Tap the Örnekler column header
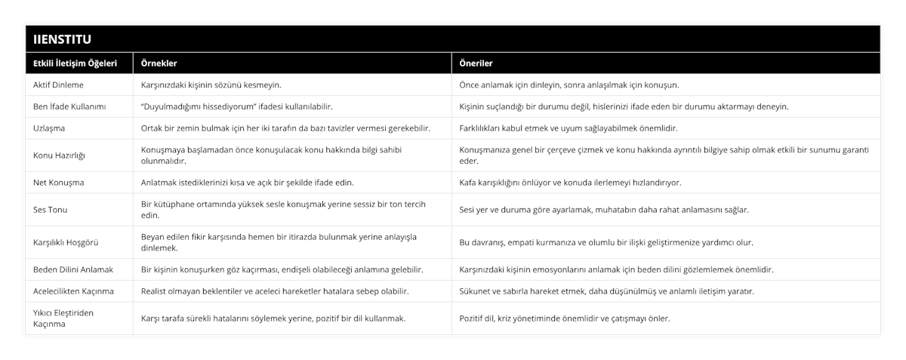pyautogui.click(x=159, y=63)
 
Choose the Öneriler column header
pyautogui.click(x=476, y=63)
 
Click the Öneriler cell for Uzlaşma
pyautogui.click(x=569, y=128)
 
